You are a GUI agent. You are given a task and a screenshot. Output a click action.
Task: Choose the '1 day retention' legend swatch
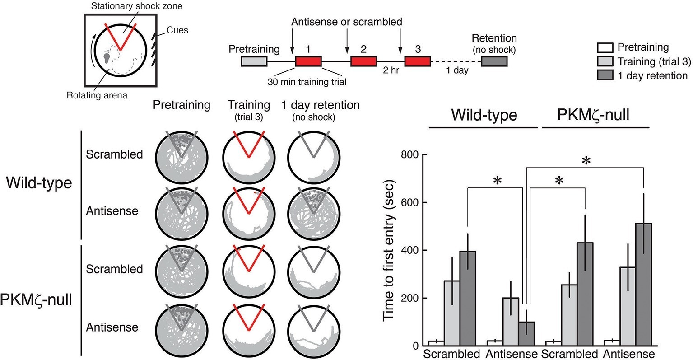(605, 75)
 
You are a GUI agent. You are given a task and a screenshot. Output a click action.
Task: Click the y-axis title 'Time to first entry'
(390, 250)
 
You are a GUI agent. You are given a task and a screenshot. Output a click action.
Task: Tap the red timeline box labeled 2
(363, 61)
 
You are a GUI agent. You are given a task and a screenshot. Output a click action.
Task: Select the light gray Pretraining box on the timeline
(254, 61)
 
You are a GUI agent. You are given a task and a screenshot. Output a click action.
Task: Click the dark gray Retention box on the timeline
(494, 61)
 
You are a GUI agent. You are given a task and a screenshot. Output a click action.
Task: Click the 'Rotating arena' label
(97, 96)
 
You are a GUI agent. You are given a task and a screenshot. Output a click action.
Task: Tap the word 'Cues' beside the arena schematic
(177, 30)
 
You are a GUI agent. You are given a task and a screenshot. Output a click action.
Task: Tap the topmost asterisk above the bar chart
(586, 161)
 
